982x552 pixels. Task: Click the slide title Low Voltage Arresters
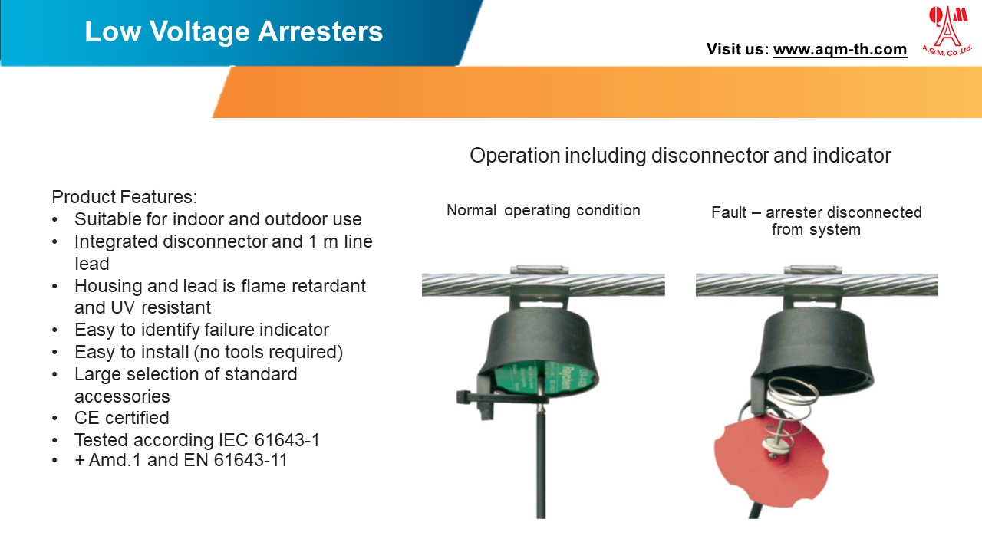(x=233, y=31)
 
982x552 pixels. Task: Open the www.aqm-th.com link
(x=839, y=49)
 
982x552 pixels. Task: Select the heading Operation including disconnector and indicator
(x=680, y=156)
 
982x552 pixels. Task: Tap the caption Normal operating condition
(x=543, y=210)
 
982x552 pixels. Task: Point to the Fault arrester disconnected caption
(x=816, y=221)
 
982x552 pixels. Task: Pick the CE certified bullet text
(x=121, y=418)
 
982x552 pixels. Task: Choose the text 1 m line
(x=337, y=242)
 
